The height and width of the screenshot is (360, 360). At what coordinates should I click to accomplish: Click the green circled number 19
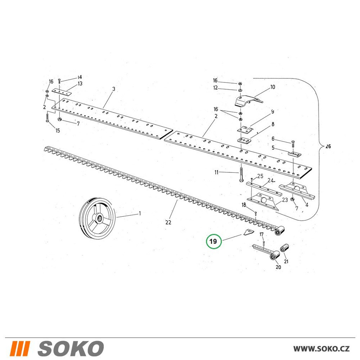(213, 242)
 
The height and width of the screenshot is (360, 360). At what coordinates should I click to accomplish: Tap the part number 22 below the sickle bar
(168, 222)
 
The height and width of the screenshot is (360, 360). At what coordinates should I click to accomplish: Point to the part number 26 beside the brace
(328, 146)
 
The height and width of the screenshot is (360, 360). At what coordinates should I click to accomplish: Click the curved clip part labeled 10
(248, 101)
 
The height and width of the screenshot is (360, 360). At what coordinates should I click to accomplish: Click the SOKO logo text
(71, 348)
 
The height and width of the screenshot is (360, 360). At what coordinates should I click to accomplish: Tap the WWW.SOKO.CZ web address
(321, 348)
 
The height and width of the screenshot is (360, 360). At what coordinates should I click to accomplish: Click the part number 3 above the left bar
(114, 89)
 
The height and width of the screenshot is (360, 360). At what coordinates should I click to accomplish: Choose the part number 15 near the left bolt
(58, 130)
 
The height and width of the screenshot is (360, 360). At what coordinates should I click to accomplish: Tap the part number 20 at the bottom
(278, 267)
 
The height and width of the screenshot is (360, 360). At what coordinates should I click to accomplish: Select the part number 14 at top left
(80, 77)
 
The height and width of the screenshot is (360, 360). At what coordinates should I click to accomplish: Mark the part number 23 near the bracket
(285, 200)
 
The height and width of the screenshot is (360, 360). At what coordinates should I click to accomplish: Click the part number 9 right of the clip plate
(273, 112)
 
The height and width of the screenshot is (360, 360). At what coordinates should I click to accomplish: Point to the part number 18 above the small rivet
(244, 204)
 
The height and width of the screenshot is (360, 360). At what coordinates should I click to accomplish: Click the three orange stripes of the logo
(20, 348)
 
